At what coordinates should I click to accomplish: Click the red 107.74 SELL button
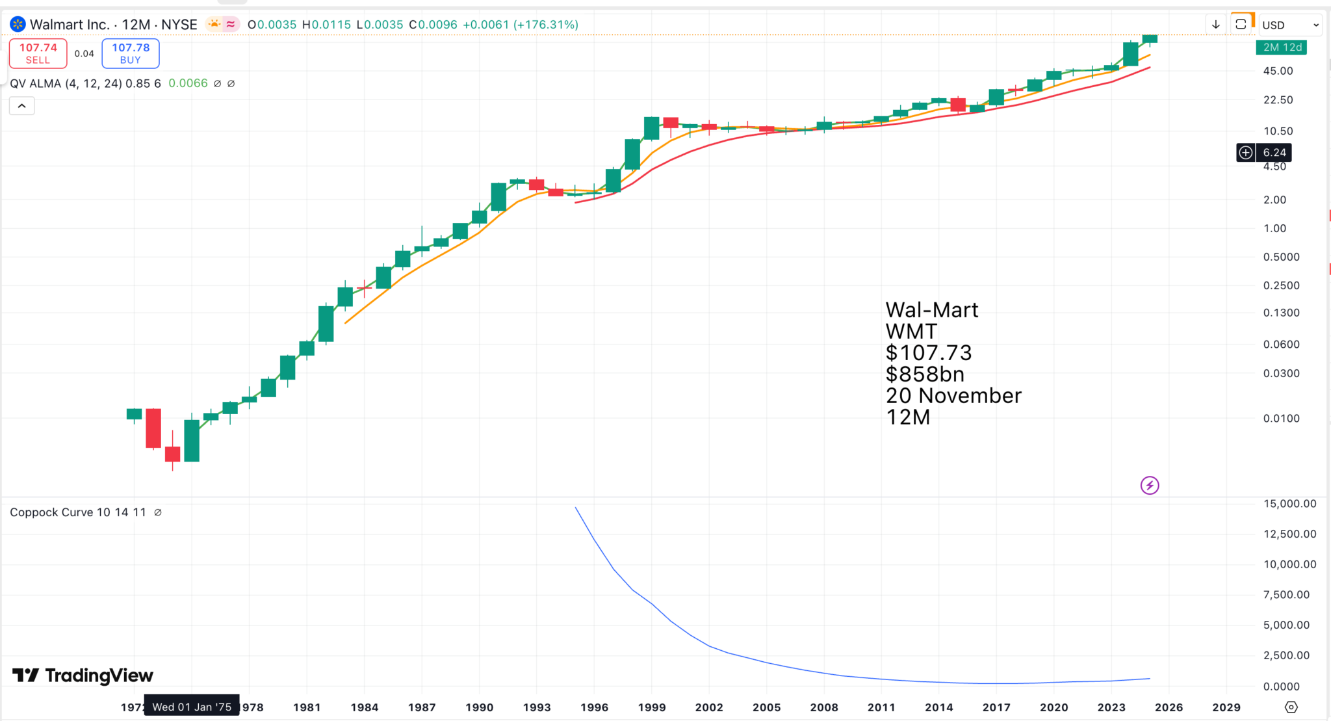click(x=38, y=53)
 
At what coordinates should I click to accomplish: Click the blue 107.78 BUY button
click(x=130, y=53)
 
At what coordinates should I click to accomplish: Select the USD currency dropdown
click(x=1289, y=25)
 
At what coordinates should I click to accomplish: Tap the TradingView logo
click(x=83, y=675)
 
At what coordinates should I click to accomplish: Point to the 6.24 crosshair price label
click(x=1274, y=153)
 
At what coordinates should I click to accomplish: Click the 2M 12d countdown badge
click(x=1282, y=47)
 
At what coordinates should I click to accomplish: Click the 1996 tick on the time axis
click(x=594, y=707)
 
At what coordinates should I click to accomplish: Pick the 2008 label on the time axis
click(x=824, y=707)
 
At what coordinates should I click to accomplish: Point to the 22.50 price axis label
click(x=1278, y=99)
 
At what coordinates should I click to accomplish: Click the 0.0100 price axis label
click(x=1281, y=418)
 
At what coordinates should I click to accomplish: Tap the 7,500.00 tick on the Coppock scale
click(x=1286, y=594)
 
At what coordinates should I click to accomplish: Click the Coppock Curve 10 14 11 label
click(x=78, y=512)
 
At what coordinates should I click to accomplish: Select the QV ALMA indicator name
click(x=36, y=83)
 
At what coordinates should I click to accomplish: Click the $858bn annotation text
click(x=925, y=374)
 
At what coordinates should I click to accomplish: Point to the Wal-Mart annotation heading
click(x=931, y=310)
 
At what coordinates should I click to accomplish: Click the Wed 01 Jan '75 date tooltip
click(x=192, y=707)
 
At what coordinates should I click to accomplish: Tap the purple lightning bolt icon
click(x=1150, y=485)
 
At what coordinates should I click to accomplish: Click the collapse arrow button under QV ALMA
click(x=21, y=106)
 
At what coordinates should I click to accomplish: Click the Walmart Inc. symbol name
click(x=69, y=25)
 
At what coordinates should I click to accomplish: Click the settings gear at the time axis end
click(x=1291, y=707)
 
